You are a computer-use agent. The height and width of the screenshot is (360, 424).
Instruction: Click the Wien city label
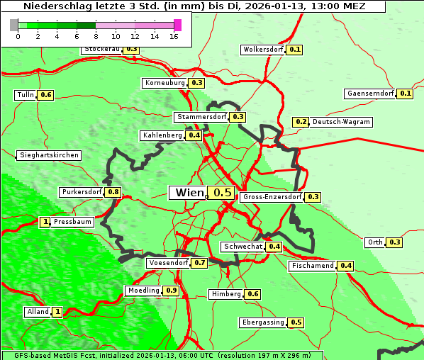(189, 193)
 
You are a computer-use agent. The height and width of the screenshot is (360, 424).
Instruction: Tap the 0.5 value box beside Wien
(223, 193)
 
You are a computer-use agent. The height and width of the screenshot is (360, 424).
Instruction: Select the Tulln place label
(25, 95)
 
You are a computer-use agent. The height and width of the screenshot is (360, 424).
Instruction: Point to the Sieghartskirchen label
(49, 155)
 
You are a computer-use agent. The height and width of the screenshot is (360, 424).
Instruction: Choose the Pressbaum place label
(73, 222)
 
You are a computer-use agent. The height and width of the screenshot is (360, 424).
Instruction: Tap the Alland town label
(38, 312)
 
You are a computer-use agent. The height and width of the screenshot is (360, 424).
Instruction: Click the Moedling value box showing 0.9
(171, 291)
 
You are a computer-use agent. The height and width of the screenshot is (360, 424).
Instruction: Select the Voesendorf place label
(168, 263)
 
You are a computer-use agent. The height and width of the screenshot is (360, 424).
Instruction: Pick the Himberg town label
(226, 294)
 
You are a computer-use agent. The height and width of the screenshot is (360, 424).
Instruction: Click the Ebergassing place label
(262, 322)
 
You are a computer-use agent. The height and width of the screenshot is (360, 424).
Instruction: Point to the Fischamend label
(312, 266)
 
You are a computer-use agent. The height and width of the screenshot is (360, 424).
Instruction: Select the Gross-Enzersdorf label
(272, 197)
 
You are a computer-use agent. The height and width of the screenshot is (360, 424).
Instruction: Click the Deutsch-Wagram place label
(341, 122)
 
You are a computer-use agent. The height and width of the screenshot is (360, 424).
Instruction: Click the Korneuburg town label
(165, 83)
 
